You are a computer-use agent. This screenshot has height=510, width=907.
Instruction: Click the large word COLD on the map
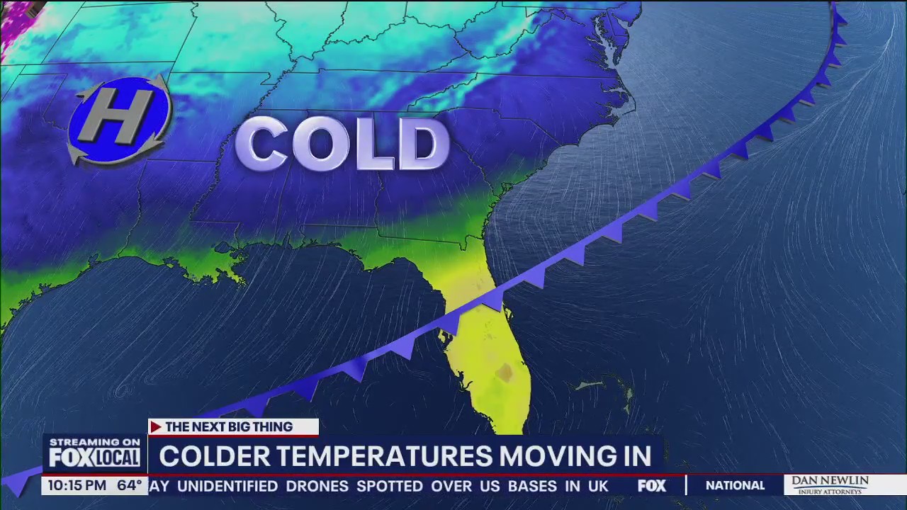tap(342, 144)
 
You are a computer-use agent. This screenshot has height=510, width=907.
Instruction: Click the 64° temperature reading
tap(130, 486)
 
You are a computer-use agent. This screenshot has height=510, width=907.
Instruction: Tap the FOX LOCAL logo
tap(94, 458)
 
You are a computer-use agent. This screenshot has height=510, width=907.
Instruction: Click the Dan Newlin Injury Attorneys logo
tap(830, 485)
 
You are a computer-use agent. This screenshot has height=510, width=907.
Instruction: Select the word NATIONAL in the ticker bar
tap(735, 486)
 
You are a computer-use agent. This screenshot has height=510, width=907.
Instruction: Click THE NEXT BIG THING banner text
tap(229, 427)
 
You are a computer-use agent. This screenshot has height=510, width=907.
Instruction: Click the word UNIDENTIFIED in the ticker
tap(227, 486)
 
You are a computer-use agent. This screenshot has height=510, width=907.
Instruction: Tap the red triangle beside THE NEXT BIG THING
tap(156, 427)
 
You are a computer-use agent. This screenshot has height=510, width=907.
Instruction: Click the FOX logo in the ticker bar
tap(652, 486)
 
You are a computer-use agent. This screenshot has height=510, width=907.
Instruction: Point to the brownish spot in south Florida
tap(505, 373)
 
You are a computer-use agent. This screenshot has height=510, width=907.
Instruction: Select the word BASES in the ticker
tap(532, 486)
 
